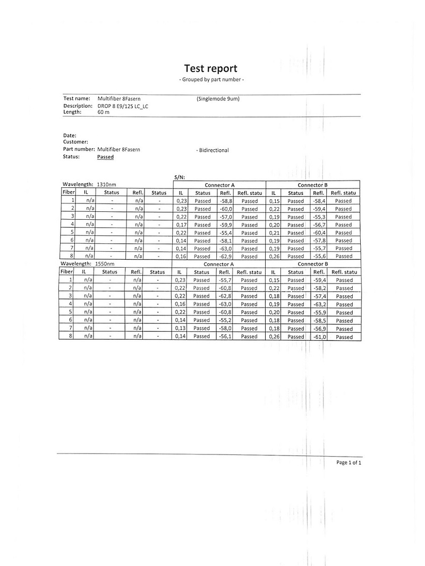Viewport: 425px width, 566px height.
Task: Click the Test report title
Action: [210, 68]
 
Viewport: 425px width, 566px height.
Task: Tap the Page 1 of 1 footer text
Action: [348, 463]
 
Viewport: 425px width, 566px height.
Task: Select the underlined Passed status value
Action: [105, 157]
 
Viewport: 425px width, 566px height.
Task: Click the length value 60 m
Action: [103, 113]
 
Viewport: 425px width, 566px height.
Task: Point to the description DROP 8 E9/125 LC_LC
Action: [123, 106]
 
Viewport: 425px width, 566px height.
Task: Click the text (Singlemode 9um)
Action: [218, 99]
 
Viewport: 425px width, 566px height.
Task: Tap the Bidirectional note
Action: [212, 150]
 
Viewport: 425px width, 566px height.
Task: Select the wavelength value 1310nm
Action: [107, 184]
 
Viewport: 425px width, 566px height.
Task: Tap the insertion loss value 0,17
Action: [181, 225]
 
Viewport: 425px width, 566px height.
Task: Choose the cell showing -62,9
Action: [226, 256]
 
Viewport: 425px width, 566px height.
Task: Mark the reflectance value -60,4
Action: [319, 233]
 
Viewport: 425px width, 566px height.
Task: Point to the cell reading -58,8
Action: [226, 201]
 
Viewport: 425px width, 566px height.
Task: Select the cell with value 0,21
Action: [273, 233]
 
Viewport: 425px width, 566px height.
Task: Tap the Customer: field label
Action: [75, 142]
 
